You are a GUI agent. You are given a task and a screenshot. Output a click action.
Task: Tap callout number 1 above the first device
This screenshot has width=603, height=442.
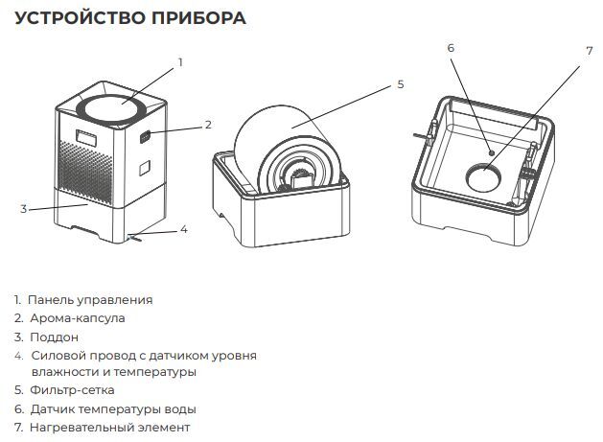point(179,61)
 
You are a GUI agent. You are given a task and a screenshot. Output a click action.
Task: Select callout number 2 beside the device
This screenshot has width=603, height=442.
point(208,125)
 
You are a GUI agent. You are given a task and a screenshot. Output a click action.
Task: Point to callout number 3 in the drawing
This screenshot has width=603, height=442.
point(23,207)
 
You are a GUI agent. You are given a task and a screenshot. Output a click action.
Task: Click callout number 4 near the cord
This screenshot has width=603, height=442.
point(185,229)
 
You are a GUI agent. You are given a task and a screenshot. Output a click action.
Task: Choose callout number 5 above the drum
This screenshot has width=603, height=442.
point(400,84)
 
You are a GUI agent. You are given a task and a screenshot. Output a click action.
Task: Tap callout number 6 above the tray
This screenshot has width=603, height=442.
point(451,47)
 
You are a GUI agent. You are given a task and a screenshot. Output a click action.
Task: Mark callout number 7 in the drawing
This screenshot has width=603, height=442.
point(590,50)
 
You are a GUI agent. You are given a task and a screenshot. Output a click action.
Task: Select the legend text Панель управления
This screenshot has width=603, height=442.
point(91,300)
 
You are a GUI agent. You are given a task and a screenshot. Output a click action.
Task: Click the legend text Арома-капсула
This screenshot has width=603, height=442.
point(77,317)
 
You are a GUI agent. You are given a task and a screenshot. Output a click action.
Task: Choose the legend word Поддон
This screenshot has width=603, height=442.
point(54,337)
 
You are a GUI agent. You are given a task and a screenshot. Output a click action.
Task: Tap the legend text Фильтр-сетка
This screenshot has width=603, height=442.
point(72,390)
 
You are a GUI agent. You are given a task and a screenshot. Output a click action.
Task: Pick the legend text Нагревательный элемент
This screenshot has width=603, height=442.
point(109,427)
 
